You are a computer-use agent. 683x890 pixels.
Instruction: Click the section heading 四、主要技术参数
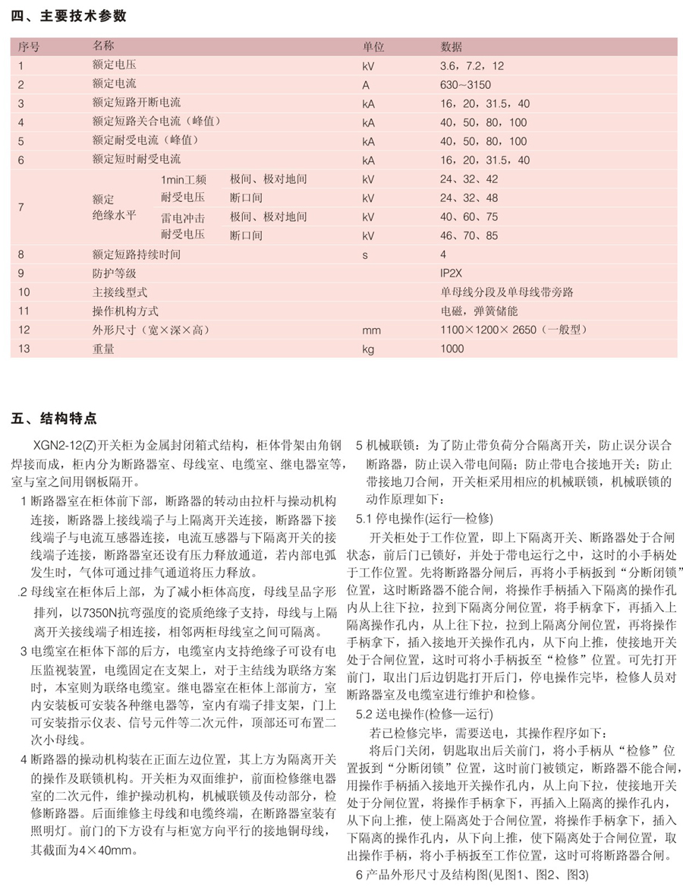coord(69,16)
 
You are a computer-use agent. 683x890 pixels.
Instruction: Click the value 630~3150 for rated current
coord(468,85)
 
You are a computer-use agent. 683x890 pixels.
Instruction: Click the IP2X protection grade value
coord(451,273)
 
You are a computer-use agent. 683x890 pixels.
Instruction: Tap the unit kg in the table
coord(369,349)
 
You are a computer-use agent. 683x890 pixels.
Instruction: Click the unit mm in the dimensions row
coord(371,330)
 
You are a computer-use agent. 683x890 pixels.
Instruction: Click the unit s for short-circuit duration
coord(365,254)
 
